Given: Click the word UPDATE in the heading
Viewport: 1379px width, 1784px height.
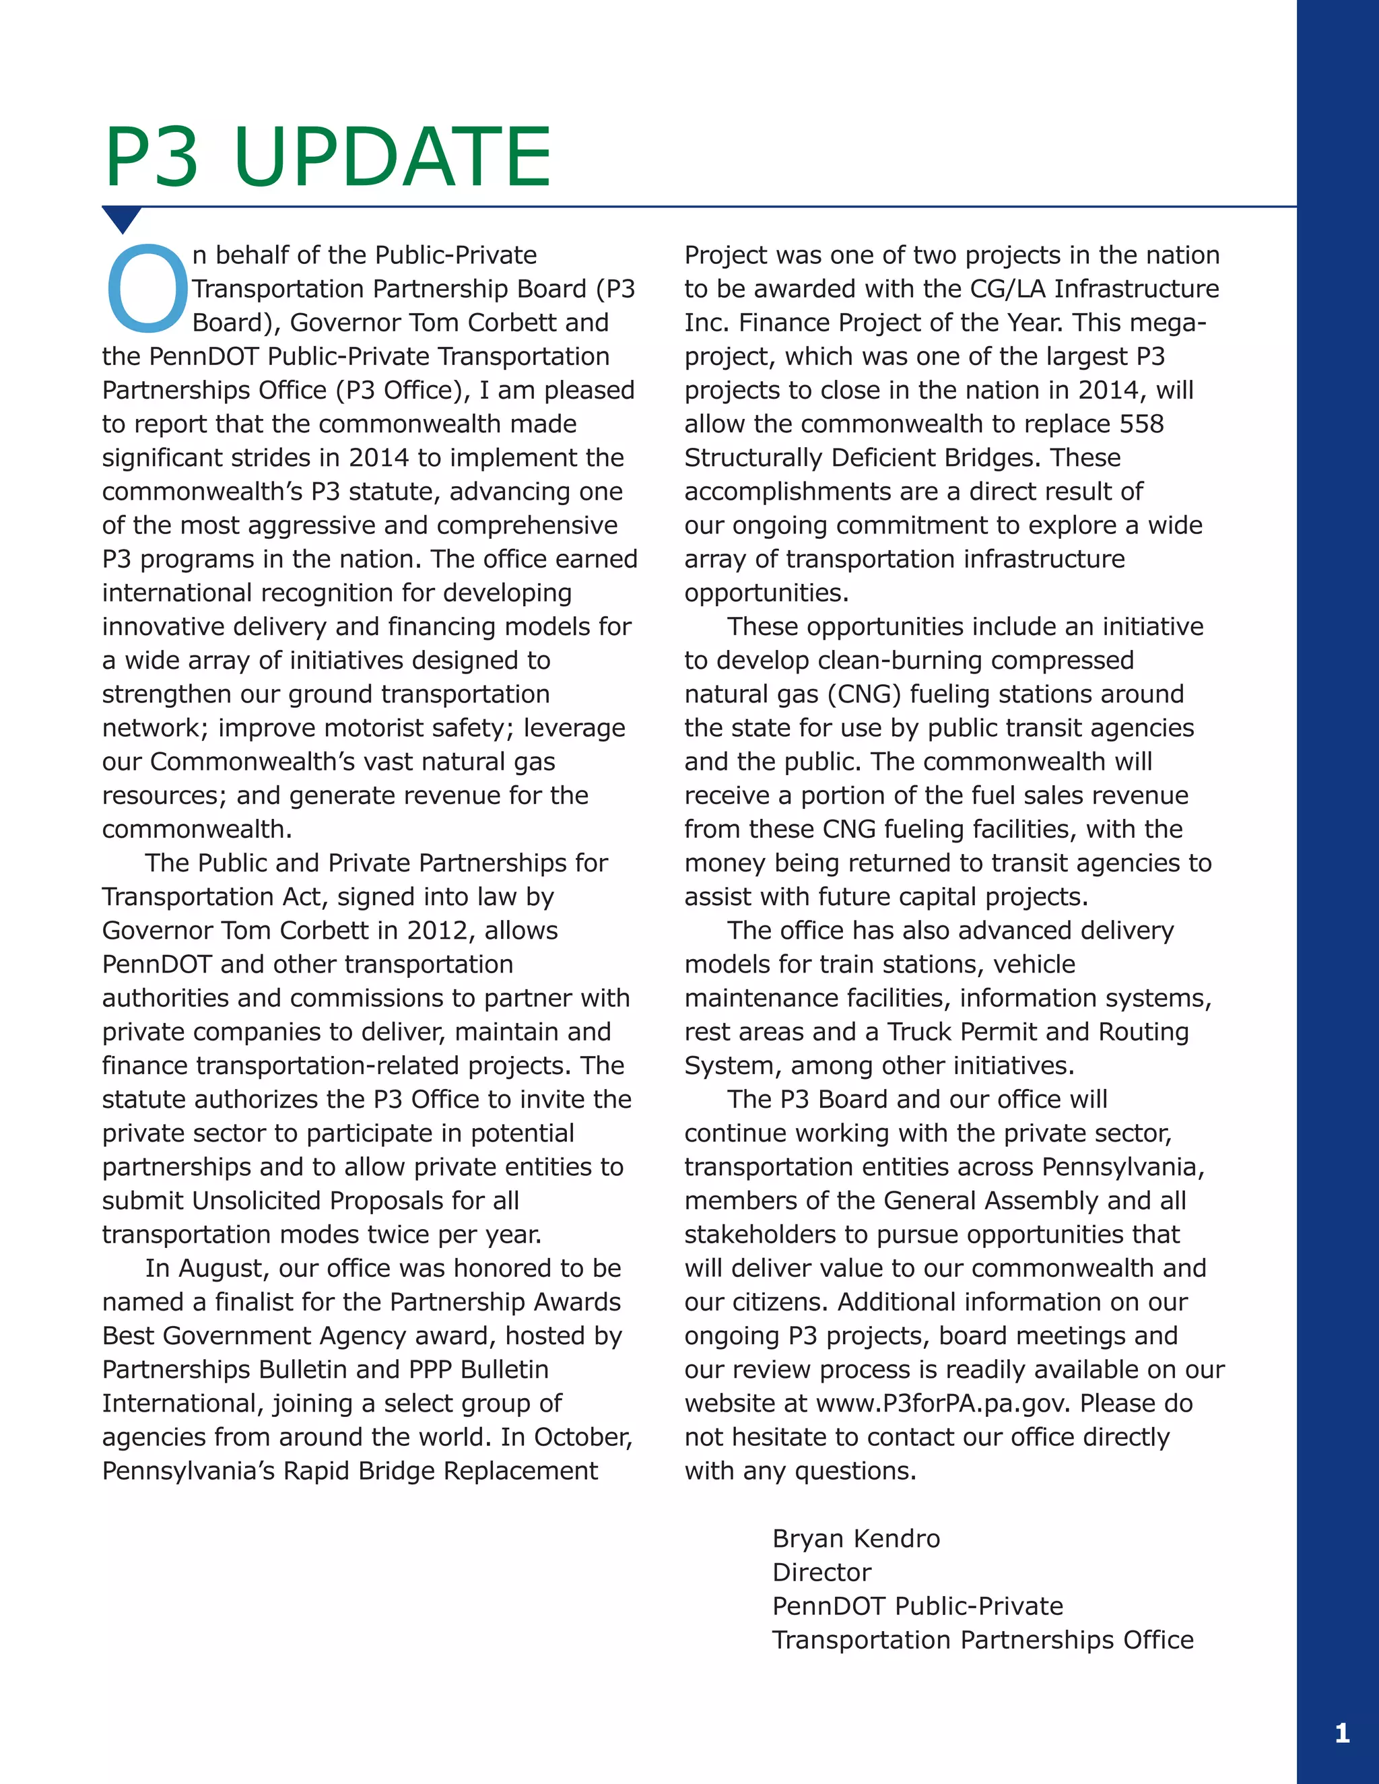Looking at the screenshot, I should point(392,157).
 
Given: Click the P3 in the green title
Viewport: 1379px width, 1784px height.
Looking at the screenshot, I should point(152,157).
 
